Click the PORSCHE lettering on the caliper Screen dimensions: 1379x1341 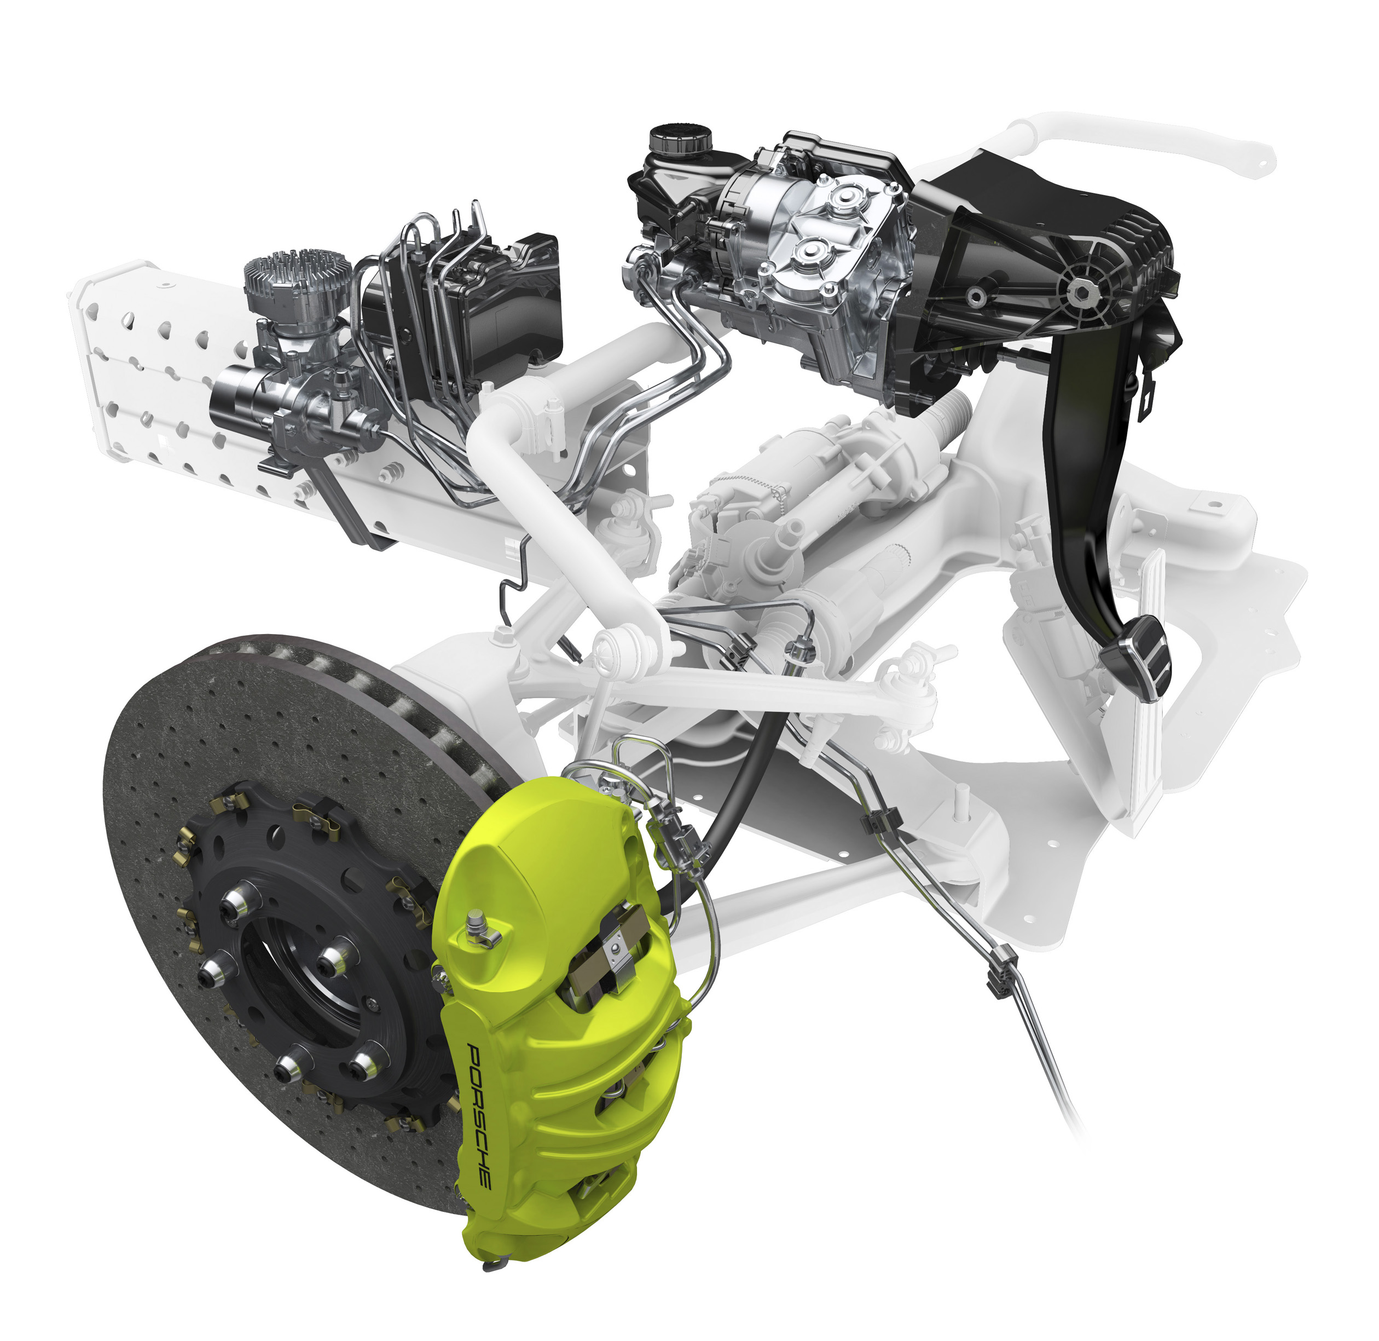(x=479, y=1117)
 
